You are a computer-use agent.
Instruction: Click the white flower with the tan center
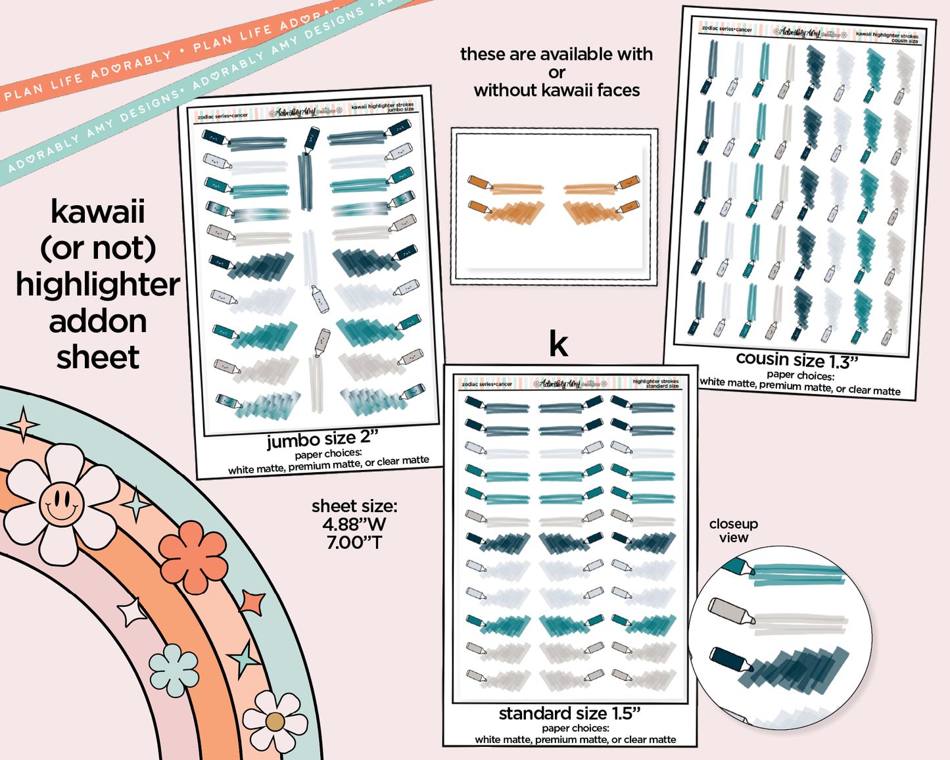[x=274, y=721]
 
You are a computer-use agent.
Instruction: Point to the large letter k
[x=558, y=343]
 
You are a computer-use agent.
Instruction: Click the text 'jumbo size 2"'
[x=323, y=439]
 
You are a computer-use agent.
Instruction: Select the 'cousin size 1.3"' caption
[x=797, y=360]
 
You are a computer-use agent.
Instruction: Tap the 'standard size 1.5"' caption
[x=569, y=713]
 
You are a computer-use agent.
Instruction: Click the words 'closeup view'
[x=734, y=531]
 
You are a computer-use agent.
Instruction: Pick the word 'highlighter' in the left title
[x=98, y=285]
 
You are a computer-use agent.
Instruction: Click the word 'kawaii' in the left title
[x=98, y=212]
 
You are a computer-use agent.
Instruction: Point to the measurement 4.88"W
[x=354, y=525]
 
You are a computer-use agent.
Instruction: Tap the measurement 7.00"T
[x=354, y=542]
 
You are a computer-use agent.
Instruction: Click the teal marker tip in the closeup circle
[x=741, y=567]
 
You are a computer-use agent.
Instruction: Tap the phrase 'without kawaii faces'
[x=557, y=91]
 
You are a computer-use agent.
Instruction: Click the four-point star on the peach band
[x=137, y=505]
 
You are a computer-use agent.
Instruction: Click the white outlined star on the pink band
[x=132, y=613]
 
